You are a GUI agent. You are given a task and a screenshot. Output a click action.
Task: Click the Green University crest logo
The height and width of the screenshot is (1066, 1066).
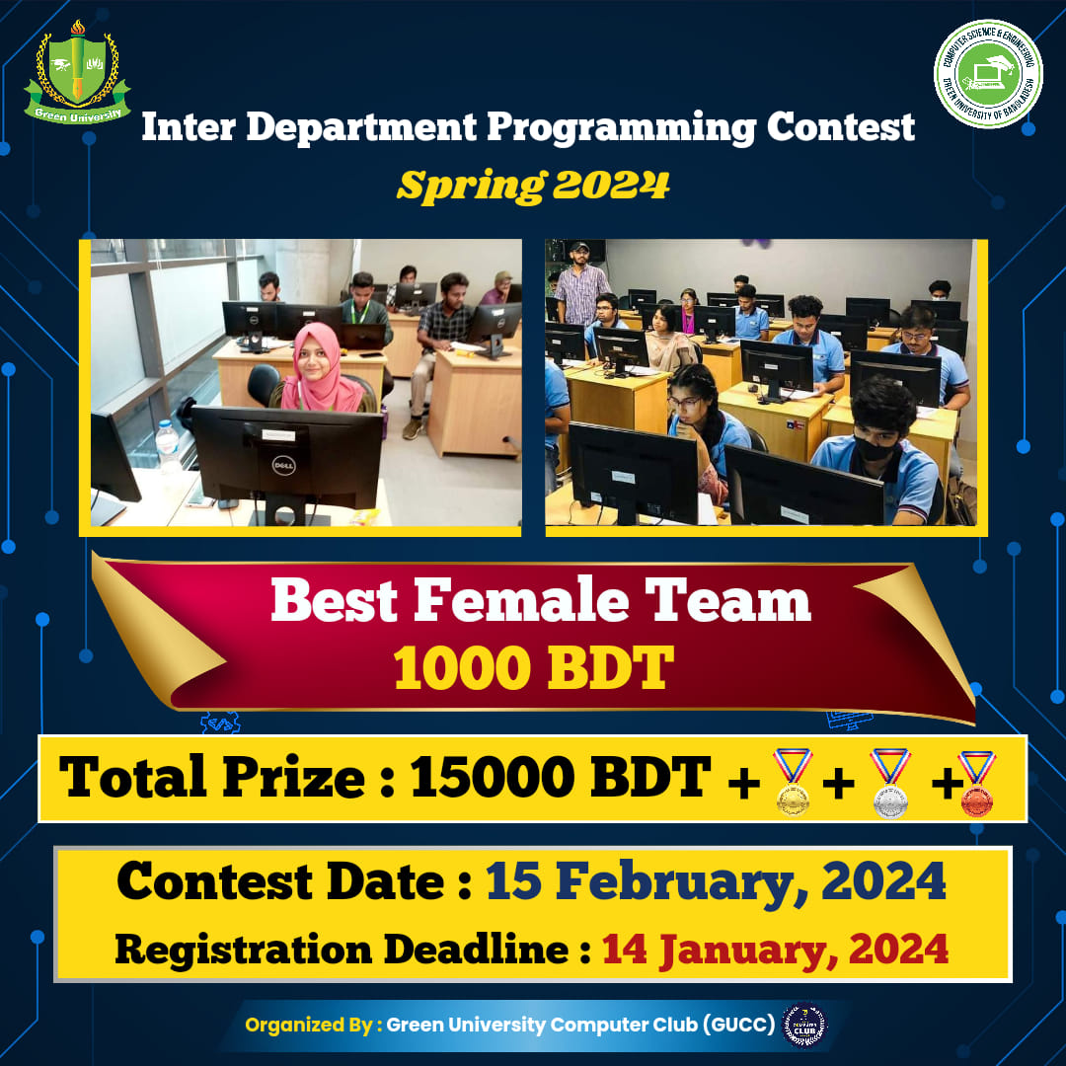77,73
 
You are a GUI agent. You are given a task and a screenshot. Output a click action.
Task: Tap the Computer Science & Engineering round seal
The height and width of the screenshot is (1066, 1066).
988,73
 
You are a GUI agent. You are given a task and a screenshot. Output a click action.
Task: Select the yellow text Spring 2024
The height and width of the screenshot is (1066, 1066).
533,185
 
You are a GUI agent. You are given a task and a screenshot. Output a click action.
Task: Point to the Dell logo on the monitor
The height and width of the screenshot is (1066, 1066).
283,466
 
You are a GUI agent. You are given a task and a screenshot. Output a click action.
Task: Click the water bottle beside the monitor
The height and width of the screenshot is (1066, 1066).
167,446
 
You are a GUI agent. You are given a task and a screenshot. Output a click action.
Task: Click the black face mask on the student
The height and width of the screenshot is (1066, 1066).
874,449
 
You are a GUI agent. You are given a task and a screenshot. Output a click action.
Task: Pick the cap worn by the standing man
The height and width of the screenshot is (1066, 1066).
579,247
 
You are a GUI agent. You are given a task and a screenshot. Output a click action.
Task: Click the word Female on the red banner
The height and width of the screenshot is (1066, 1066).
521,601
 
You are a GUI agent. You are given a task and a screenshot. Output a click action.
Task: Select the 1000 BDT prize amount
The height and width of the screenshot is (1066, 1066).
533,667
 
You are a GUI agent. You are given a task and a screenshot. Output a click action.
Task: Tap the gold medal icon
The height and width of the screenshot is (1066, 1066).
793,782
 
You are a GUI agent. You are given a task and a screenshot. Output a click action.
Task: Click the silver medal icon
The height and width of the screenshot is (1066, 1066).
890,783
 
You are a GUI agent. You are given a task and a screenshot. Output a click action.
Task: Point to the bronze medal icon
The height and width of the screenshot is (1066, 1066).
977,783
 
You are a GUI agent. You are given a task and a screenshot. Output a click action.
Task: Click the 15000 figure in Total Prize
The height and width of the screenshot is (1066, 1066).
493,777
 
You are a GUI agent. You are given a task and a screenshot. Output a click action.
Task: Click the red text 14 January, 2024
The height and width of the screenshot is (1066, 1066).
775,950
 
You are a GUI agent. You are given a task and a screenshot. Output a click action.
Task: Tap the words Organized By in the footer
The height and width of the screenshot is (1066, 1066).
309,1025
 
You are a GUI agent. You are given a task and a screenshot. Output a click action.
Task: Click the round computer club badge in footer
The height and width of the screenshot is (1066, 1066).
805,1026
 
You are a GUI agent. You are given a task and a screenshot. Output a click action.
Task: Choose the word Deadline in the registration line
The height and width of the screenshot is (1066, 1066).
476,949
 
